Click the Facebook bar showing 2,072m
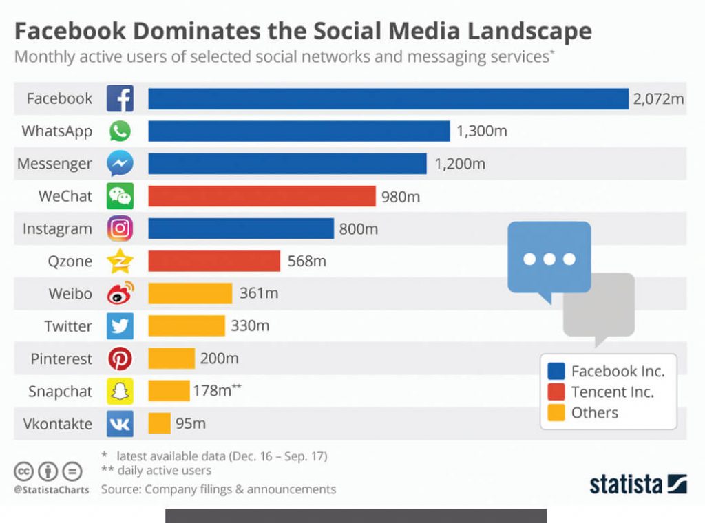pyautogui.click(x=388, y=98)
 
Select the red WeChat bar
pyautogui.click(x=262, y=196)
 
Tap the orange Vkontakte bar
pyautogui.click(x=159, y=423)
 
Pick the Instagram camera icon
pyautogui.click(x=120, y=228)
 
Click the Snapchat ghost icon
pyautogui.click(x=120, y=391)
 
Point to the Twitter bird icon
pyautogui.click(x=120, y=325)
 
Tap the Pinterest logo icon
pyautogui.click(x=120, y=359)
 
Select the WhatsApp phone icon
pyautogui.click(x=120, y=131)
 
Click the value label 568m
pyautogui.click(x=306, y=261)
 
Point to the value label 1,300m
pyautogui.click(x=481, y=131)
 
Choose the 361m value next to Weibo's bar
pyautogui.click(x=259, y=293)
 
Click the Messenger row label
pyautogui.click(x=54, y=164)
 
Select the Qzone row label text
pyautogui.click(x=69, y=261)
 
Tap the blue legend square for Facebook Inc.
pyautogui.click(x=556, y=372)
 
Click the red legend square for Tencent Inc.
pyautogui.click(x=556, y=392)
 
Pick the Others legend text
pyautogui.click(x=595, y=413)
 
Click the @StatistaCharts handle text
pyautogui.click(x=52, y=491)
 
